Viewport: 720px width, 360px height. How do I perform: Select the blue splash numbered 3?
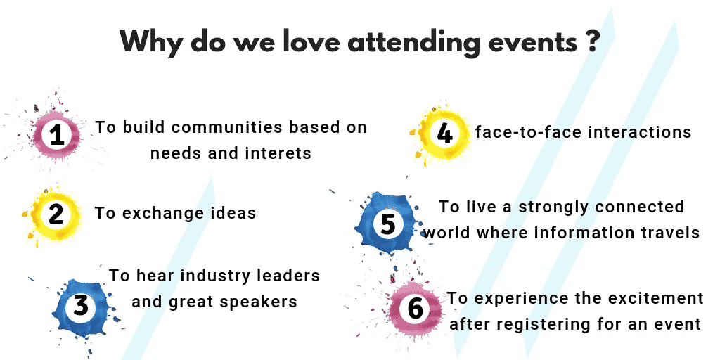81,305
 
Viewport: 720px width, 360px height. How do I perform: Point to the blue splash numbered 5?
387,224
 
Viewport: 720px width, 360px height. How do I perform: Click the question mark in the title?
592,41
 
